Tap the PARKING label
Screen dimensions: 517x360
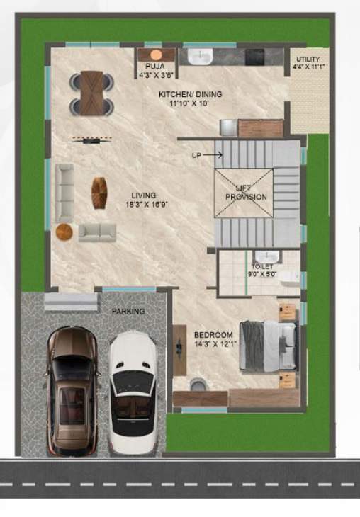tap(128, 311)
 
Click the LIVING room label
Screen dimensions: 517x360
tap(143, 195)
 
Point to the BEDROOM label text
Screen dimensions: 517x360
tap(213, 334)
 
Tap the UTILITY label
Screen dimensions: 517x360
tap(308, 59)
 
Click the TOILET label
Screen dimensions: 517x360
tap(262, 267)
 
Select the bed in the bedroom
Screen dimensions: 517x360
tap(267, 346)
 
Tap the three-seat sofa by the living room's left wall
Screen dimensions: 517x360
tap(65, 191)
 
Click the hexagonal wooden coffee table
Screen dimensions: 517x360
tap(99, 192)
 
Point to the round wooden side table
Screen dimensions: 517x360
tap(64, 232)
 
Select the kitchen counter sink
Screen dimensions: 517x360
tap(200, 56)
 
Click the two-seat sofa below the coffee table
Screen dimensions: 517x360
tap(97, 232)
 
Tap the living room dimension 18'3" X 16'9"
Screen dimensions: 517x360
tap(142, 205)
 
